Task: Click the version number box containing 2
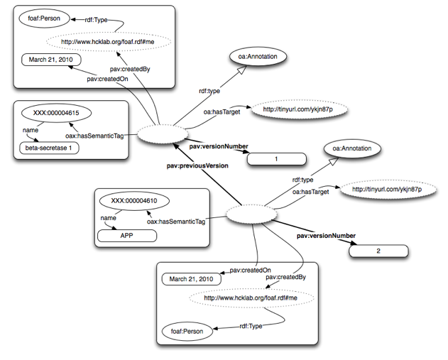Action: click(x=378, y=251)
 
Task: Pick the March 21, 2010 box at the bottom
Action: click(x=191, y=279)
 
